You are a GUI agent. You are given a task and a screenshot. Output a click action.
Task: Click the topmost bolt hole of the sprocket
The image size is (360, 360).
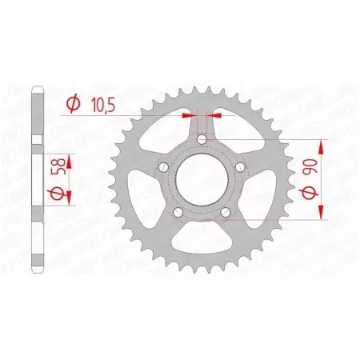tap(202, 142)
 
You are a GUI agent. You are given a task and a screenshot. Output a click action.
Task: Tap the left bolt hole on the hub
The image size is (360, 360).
tap(164, 167)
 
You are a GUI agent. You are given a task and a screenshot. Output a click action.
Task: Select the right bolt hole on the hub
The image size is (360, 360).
tap(239, 167)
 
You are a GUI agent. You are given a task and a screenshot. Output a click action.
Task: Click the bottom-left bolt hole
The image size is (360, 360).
tap(178, 212)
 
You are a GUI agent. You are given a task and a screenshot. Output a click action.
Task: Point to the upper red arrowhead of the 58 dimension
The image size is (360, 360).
tap(69, 160)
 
